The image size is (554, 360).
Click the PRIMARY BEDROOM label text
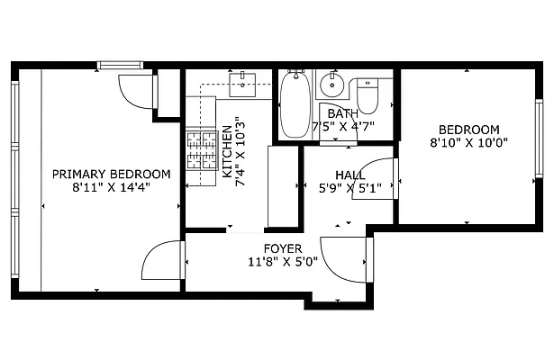click(x=111, y=174)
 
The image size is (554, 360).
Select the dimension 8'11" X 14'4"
click(x=111, y=188)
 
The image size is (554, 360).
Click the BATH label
click(x=342, y=113)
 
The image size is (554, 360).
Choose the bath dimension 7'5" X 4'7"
click(x=343, y=127)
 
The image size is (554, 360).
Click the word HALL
click(x=350, y=175)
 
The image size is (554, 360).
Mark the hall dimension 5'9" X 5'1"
click(x=350, y=189)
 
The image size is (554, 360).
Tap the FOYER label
click(x=283, y=248)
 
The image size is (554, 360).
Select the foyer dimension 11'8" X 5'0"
click(x=283, y=263)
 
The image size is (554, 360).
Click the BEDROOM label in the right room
click(x=469, y=130)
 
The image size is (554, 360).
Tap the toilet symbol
click(x=368, y=94)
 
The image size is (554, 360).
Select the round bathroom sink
click(x=331, y=85)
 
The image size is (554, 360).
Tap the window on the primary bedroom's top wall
click(x=122, y=65)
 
